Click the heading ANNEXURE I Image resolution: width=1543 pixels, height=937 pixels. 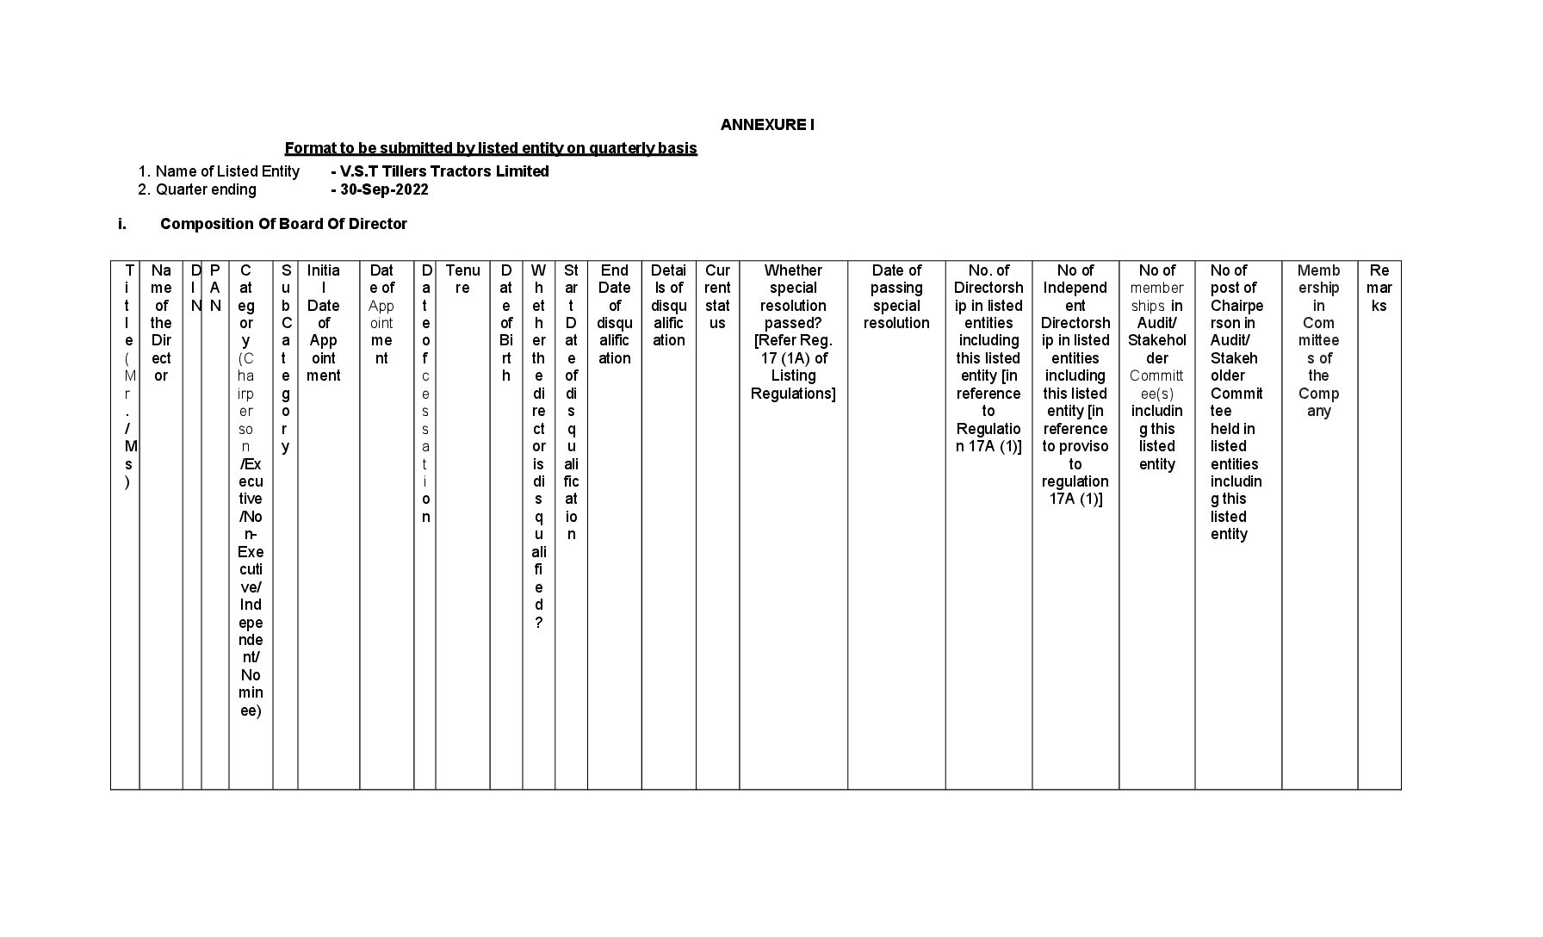click(x=767, y=125)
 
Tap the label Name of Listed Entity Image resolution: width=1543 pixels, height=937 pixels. click(x=227, y=171)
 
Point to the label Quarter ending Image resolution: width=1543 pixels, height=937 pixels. click(x=206, y=189)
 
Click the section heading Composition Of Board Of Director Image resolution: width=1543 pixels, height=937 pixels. click(x=283, y=224)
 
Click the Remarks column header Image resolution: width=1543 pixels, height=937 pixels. click(x=1379, y=288)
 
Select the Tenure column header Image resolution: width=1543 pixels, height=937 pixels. click(x=462, y=279)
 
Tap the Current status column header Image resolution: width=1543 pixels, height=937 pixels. click(x=717, y=296)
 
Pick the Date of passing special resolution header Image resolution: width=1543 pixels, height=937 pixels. click(x=896, y=296)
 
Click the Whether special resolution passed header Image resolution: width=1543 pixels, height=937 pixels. click(x=793, y=332)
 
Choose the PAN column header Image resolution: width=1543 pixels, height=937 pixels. click(x=215, y=288)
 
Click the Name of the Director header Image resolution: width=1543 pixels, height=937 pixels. click(x=161, y=323)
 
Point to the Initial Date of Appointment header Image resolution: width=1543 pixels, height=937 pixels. click(x=324, y=323)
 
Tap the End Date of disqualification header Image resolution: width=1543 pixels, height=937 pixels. click(x=614, y=314)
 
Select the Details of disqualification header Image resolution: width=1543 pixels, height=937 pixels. click(x=668, y=305)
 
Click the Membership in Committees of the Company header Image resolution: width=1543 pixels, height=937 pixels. click(x=1318, y=340)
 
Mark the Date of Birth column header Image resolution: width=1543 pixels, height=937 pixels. click(x=506, y=323)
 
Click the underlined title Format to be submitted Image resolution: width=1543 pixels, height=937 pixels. click(x=491, y=148)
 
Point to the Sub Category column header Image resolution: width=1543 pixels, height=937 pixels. click(x=286, y=358)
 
